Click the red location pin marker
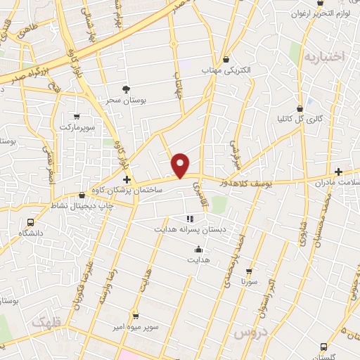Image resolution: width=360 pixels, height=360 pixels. pyautogui.click(x=181, y=165)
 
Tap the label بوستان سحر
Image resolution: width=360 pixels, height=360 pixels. pyautogui.click(x=125, y=101)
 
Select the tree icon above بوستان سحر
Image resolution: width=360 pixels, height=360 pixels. pyautogui.click(x=126, y=89)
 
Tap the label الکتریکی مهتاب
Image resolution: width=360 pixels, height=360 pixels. pyautogui.click(x=224, y=72)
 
